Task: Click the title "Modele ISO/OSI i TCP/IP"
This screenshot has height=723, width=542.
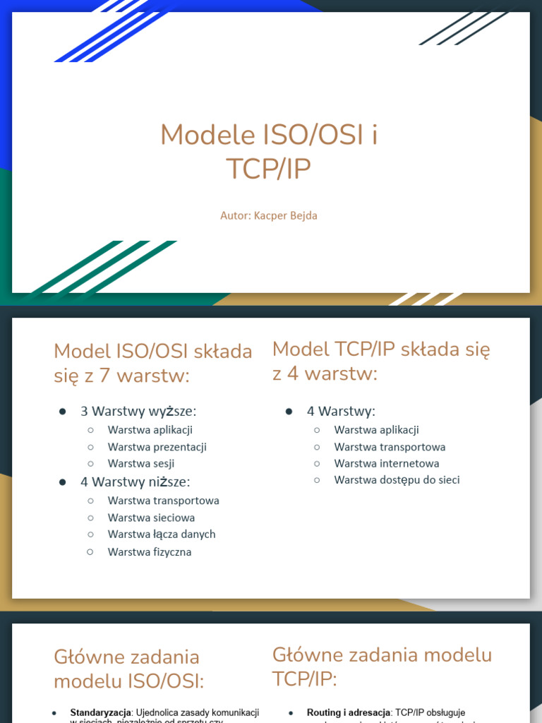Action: pyautogui.click(x=269, y=152)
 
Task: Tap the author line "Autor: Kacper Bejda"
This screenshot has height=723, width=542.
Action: pyautogui.click(x=269, y=215)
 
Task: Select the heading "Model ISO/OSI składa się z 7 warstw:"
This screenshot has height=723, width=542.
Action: pyautogui.click(x=152, y=364)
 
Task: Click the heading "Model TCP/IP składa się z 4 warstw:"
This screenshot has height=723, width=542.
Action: pyautogui.click(x=381, y=361)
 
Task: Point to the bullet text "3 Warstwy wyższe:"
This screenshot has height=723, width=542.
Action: pyautogui.click(x=138, y=411)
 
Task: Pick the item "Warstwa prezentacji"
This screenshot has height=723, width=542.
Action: pyautogui.click(x=157, y=446)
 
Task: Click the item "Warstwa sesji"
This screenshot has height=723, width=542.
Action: pyautogui.click(x=141, y=463)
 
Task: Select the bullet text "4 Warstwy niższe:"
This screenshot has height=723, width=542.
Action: pyautogui.click(x=135, y=482)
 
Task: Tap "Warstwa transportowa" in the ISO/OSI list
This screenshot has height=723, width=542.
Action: pyautogui.click(x=163, y=501)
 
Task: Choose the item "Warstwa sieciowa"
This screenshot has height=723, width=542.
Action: pyautogui.click(x=151, y=518)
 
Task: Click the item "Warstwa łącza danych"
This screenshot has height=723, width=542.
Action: pyautogui.click(x=162, y=534)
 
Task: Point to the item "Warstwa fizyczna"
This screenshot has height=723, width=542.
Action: pyautogui.click(x=150, y=552)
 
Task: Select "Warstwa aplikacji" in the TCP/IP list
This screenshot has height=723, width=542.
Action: pyautogui.click(x=376, y=429)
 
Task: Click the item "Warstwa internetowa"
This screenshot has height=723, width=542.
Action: pyautogui.click(x=387, y=463)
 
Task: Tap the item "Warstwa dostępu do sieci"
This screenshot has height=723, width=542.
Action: pyautogui.click(x=397, y=480)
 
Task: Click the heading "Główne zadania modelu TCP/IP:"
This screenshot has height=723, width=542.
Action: pyautogui.click(x=382, y=667)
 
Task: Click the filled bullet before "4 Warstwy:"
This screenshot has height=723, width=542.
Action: pyautogui.click(x=289, y=411)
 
